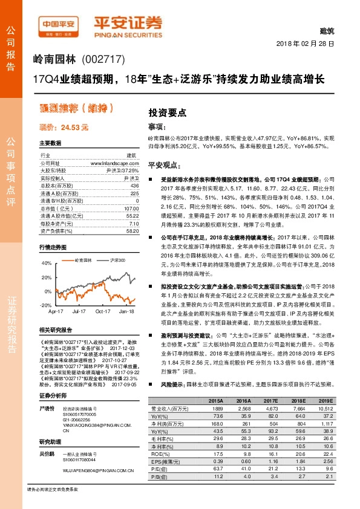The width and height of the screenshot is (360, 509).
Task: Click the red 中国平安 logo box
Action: point(59,24)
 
